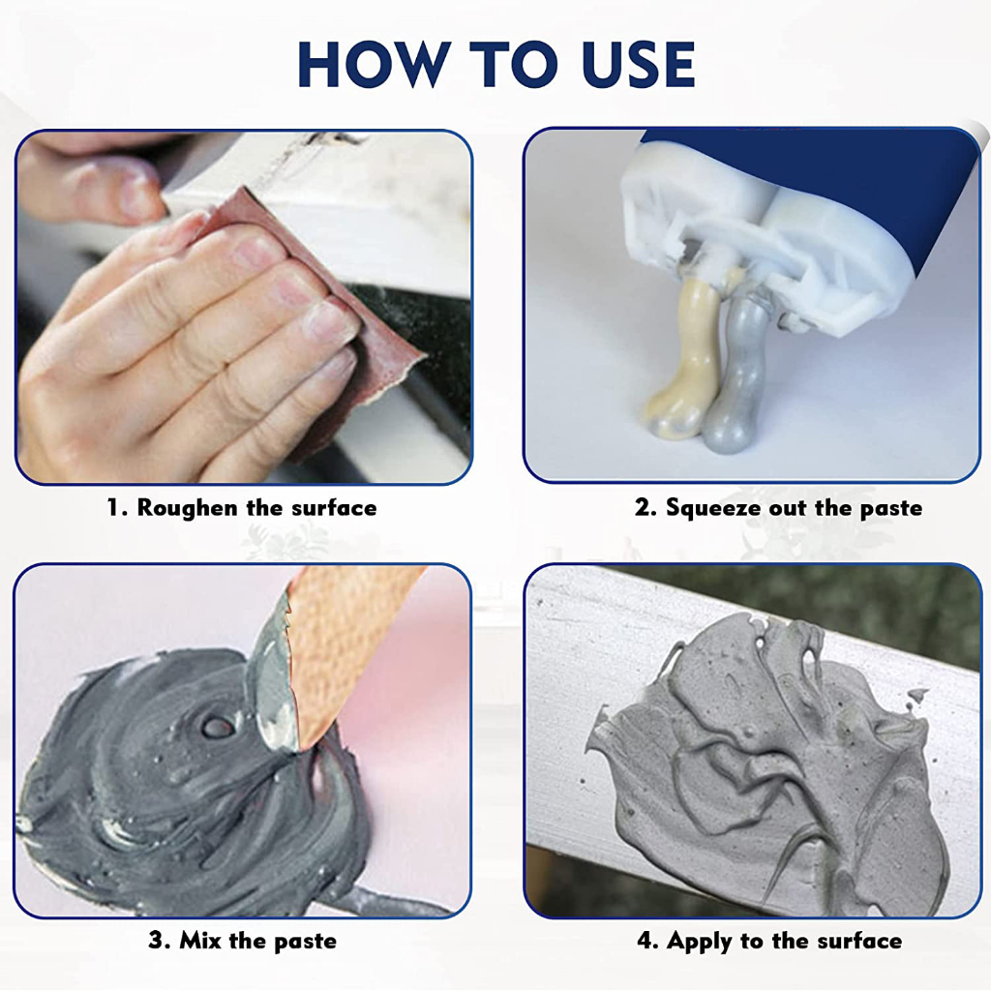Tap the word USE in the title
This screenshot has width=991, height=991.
(639, 65)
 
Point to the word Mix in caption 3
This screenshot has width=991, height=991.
(200, 941)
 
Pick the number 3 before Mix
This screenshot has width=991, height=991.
(158, 941)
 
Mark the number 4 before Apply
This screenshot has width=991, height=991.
(647, 941)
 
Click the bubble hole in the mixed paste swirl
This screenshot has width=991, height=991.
(215, 727)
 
